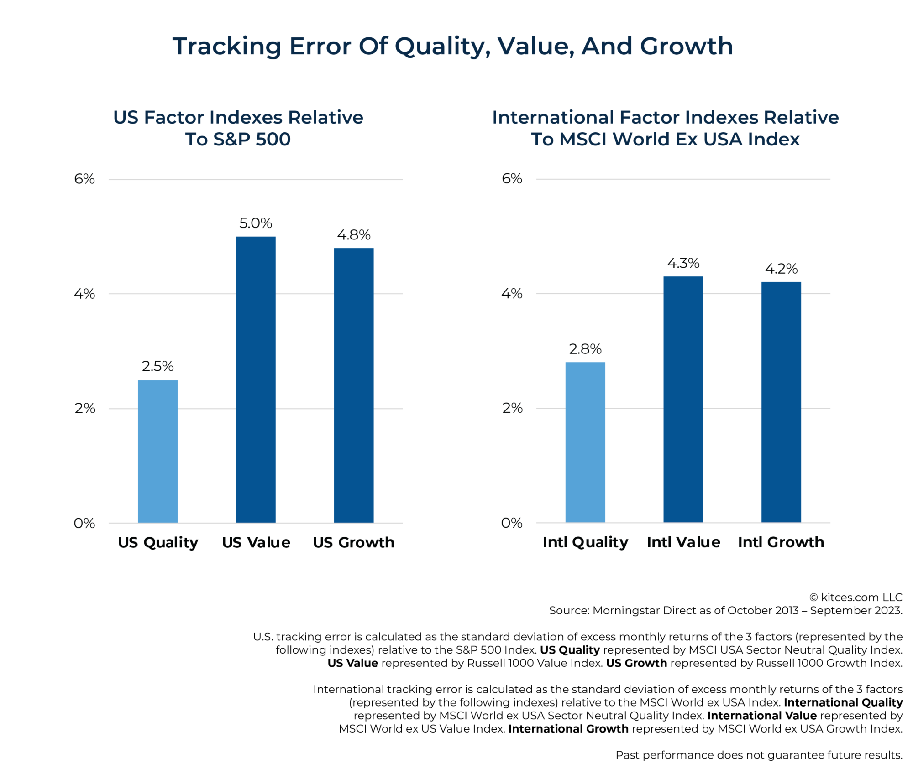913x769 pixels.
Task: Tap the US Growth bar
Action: point(353,385)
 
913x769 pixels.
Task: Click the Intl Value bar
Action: point(683,399)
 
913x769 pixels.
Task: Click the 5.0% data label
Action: point(256,223)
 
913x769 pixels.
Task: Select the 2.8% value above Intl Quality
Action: point(585,349)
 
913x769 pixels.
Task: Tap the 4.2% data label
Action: point(781,269)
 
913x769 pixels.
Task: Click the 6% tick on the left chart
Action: point(84,179)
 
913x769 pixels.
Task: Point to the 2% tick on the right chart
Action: point(512,408)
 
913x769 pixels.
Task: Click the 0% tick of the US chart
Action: point(84,523)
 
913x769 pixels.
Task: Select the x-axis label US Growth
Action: point(353,542)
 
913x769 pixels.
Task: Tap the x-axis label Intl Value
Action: point(683,542)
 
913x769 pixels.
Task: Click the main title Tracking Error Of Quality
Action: point(452,46)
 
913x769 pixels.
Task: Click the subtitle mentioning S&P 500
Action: point(238,128)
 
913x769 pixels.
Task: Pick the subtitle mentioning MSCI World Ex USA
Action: point(665,128)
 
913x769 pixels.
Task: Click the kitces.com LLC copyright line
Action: point(855,597)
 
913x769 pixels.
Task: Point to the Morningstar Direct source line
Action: point(725,610)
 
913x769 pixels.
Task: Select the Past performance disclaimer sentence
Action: point(759,755)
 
